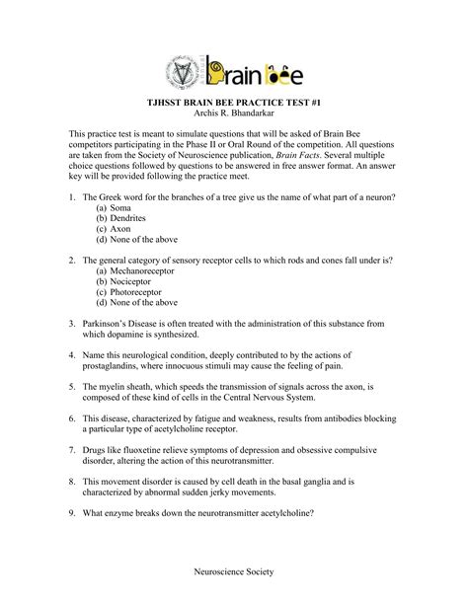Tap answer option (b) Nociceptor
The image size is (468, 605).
(x=128, y=281)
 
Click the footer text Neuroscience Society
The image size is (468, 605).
(x=234, y=572)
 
